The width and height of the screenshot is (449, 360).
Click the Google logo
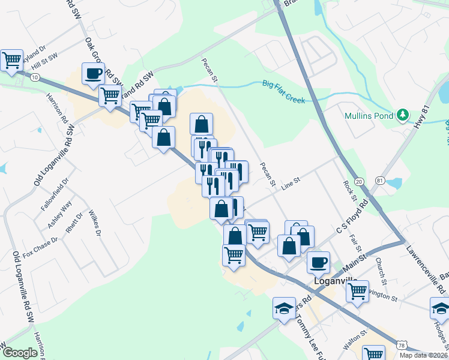point(20,353)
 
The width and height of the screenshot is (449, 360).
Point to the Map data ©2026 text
point(423,355)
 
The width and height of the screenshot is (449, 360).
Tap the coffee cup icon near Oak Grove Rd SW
point(93,74)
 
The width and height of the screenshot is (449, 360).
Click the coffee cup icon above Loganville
point(318,262)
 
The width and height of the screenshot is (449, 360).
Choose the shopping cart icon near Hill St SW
point(11,60)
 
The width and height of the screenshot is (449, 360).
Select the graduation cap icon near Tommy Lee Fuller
point(284,308)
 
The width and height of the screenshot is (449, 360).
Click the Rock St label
point(348,191)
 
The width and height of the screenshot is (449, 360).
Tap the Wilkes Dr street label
point(93,222)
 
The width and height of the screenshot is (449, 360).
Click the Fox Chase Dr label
point(40,247)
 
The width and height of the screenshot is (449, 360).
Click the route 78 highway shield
point(403,346)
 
